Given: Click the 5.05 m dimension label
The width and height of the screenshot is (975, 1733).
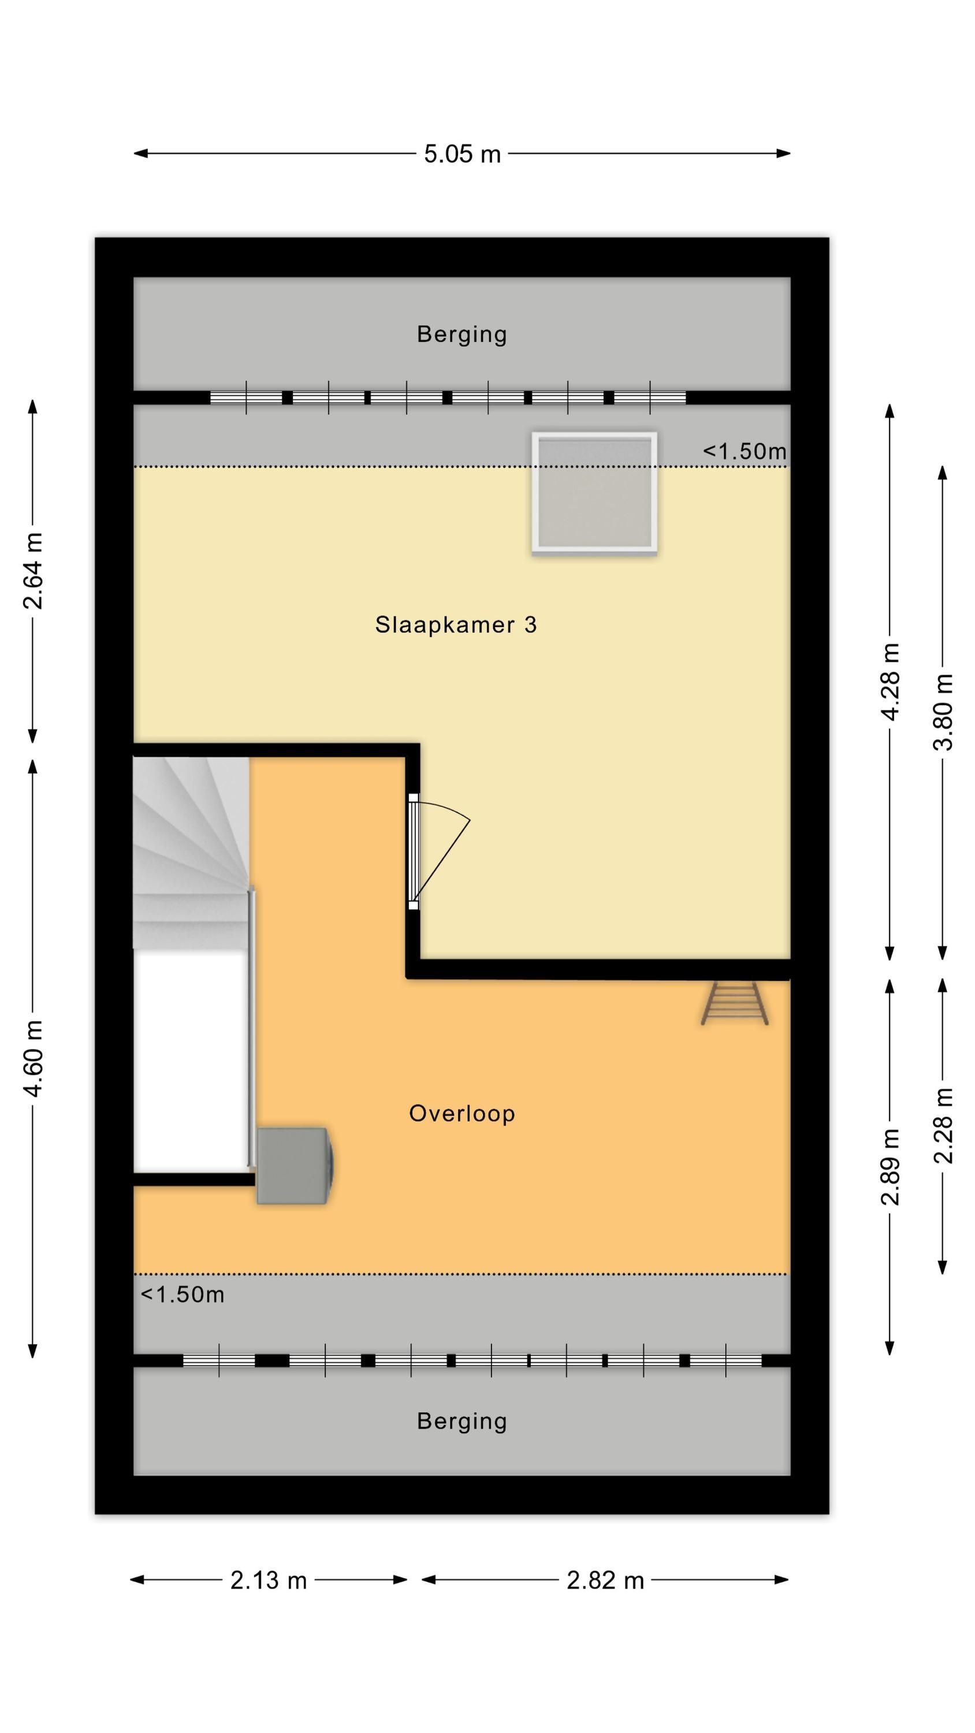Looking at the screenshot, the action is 462,154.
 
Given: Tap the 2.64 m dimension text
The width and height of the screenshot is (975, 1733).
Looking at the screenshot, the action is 33,571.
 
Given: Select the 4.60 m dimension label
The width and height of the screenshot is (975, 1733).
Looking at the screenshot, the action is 33,1058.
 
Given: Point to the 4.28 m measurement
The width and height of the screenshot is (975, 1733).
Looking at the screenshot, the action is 890,682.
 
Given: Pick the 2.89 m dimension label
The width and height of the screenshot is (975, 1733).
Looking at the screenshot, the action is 890,1166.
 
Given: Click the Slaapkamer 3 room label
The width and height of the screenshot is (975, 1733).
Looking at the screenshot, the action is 456,625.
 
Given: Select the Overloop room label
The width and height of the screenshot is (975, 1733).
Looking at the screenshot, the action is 462,1113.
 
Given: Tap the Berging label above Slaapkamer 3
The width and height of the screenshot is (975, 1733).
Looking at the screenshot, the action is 462,334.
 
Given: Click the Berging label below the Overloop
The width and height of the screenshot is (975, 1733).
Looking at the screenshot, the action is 462,1422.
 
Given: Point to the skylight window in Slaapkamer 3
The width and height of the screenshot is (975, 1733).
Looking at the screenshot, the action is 594,492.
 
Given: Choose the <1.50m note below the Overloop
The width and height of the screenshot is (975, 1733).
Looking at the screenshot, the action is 183,1295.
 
